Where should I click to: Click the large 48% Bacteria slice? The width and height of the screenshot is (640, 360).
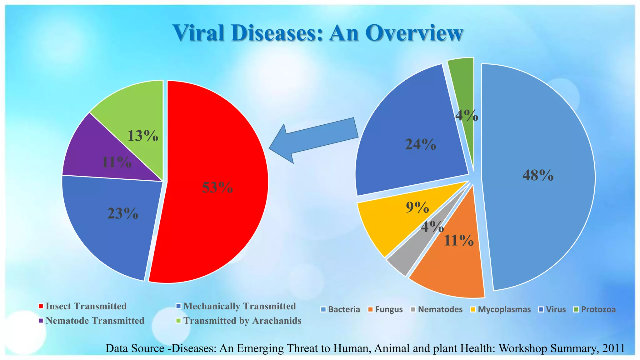click(537, 175)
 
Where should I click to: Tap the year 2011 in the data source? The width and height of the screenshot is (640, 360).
click(614, 348)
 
